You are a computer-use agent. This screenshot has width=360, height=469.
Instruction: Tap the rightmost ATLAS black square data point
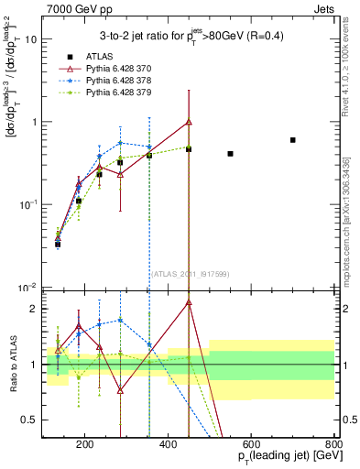292,140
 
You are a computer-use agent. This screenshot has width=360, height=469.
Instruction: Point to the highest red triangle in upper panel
189,122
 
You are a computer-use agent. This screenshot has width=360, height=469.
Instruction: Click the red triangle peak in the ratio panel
189,301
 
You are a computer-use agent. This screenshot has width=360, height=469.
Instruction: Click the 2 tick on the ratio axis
35,309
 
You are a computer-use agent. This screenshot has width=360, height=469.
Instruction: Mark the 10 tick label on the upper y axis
31,39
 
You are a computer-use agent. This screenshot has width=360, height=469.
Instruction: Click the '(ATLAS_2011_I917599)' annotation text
189,273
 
